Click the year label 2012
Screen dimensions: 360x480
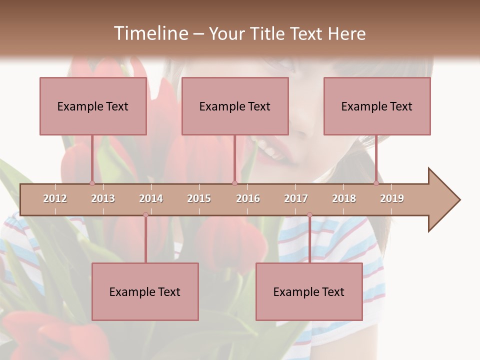pos(55,198)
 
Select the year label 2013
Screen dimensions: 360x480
pos(103,198)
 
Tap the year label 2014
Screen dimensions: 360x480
pos(151,198)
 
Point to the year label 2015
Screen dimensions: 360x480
pos(199,198)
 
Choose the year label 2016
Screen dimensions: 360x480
pos(248,198)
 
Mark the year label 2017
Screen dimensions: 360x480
pos(296,198)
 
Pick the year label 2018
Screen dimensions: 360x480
pos(344,198)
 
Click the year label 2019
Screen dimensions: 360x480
pos(392,198)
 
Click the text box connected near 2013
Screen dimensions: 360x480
pos(93,106)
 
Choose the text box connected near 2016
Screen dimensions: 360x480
pos(235,106)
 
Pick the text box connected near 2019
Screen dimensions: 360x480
pos(377,106)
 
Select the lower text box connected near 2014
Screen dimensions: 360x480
pos(145,291)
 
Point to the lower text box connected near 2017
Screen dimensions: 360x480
pos(309,291)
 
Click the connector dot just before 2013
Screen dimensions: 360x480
pos(92,183)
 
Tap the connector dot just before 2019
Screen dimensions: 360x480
pos(376,183)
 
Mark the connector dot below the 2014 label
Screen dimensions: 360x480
pos(145,215)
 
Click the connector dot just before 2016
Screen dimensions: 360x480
pos(234,183)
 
